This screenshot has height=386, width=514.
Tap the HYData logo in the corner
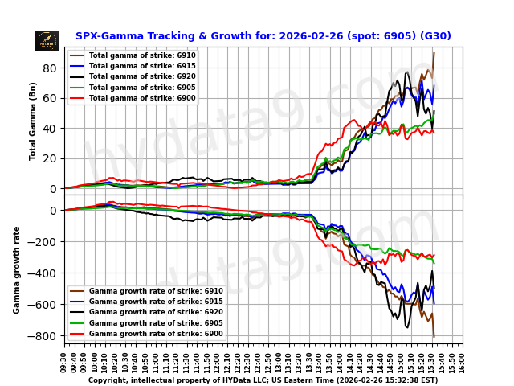(x=47, y=40)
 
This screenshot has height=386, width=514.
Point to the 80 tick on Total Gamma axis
(x=50, y=68)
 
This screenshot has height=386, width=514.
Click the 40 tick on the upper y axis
(x=50, y=129)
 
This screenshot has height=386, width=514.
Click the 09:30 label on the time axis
(x=64, y=359)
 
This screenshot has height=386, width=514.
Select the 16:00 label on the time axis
(x=463, y=359)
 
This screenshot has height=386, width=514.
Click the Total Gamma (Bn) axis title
(x=33, y=121)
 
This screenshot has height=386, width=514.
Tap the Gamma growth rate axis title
(x=17, y=269)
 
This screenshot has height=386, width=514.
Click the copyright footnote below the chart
(x=263, y=380)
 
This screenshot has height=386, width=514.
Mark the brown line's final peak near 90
(x=434, y=54)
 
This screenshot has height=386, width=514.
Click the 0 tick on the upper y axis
(x=53, y=188)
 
